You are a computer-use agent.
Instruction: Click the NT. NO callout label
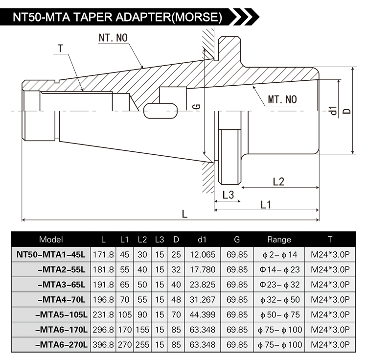113,38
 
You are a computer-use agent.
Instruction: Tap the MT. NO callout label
282,99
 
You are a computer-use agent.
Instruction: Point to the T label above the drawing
60,48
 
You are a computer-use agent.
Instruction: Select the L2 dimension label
278,182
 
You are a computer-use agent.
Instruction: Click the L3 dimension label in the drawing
228,194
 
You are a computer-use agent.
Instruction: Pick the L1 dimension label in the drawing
266,205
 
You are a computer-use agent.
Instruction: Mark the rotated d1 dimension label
333,110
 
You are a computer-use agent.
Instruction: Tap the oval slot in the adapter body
161,111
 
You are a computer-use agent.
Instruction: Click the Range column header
279,240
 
